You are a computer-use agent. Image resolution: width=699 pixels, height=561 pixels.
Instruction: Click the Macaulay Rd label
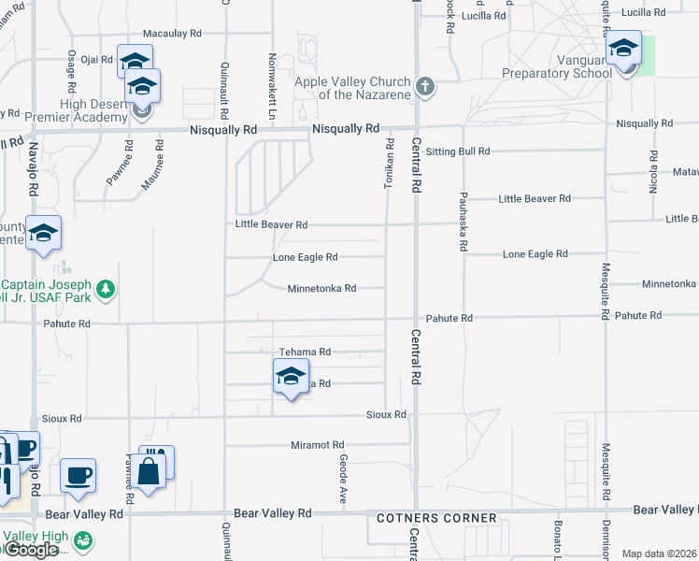pyautogui.click(x=171, y=33)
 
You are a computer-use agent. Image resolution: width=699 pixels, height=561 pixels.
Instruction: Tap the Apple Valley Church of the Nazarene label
pyautogui.click(x=352, y=88)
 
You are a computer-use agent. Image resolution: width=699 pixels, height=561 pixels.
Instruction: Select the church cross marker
pyautogui.click(x=425, y=87)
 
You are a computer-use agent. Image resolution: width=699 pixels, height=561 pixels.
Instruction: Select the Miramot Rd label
pyautogui.click(x=318, y=445)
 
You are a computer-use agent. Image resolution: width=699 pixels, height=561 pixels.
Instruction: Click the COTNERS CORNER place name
pyautogui.click(x=436, y=518)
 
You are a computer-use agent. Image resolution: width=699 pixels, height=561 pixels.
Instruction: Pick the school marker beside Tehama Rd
pyautogui.click(x=291, y=377)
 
